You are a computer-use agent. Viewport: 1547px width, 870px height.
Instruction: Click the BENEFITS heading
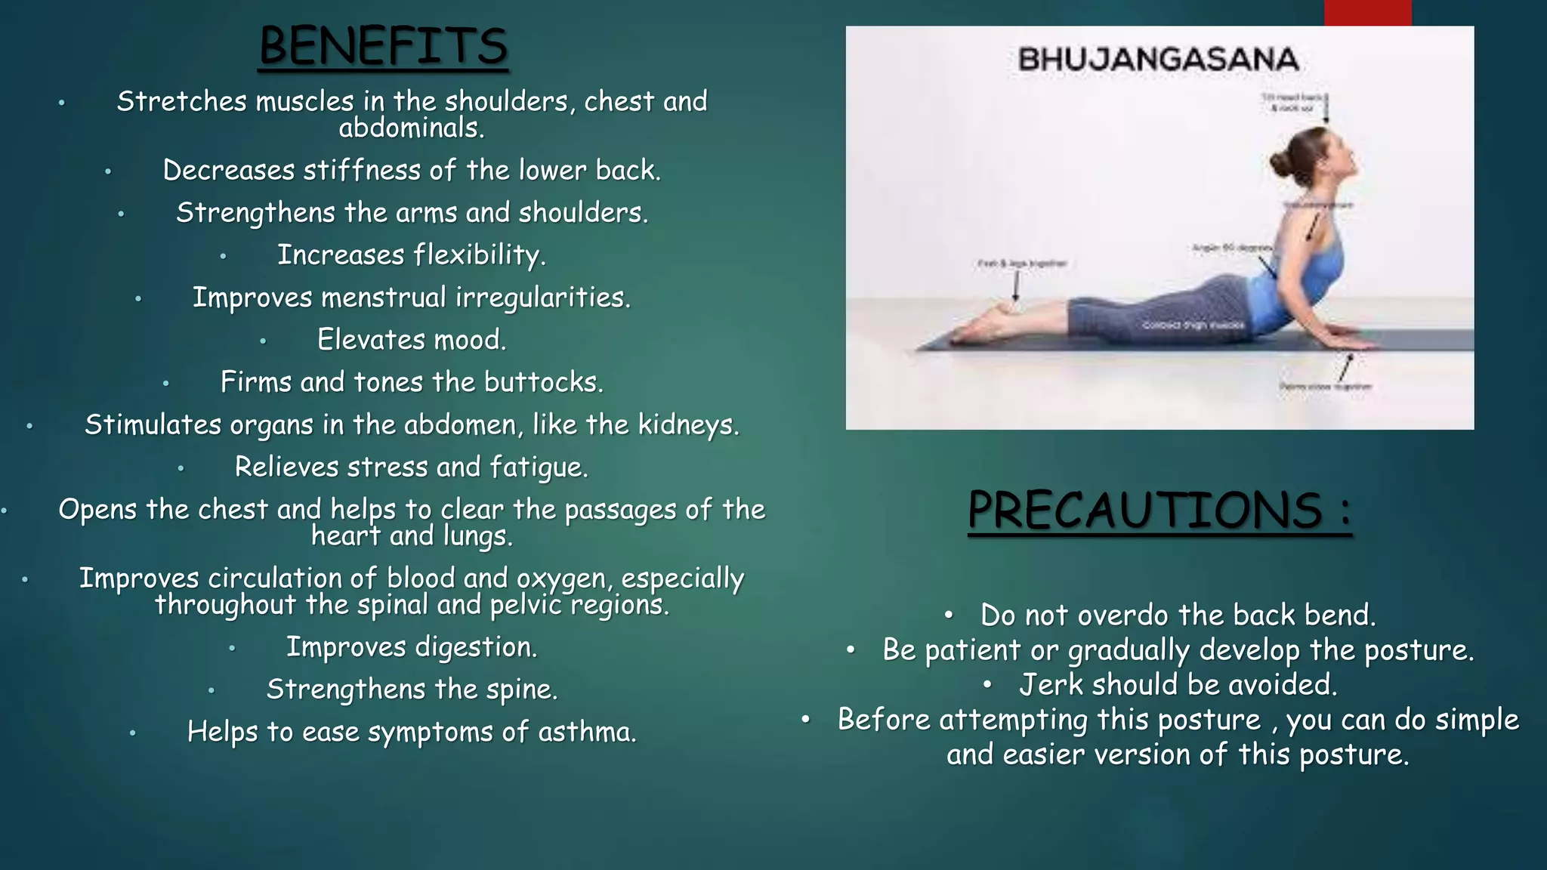383,47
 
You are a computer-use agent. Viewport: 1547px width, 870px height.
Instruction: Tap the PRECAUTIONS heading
1159,511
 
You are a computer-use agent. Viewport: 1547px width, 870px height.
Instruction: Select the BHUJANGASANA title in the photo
1158,60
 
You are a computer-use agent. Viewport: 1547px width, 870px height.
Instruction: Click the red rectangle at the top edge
1367,12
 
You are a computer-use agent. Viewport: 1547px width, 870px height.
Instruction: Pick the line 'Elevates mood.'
412,340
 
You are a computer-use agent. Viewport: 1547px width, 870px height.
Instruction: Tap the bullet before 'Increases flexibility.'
223,257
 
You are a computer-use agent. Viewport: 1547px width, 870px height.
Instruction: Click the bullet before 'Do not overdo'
949,615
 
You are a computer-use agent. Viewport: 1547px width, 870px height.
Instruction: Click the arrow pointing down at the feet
1016,286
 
